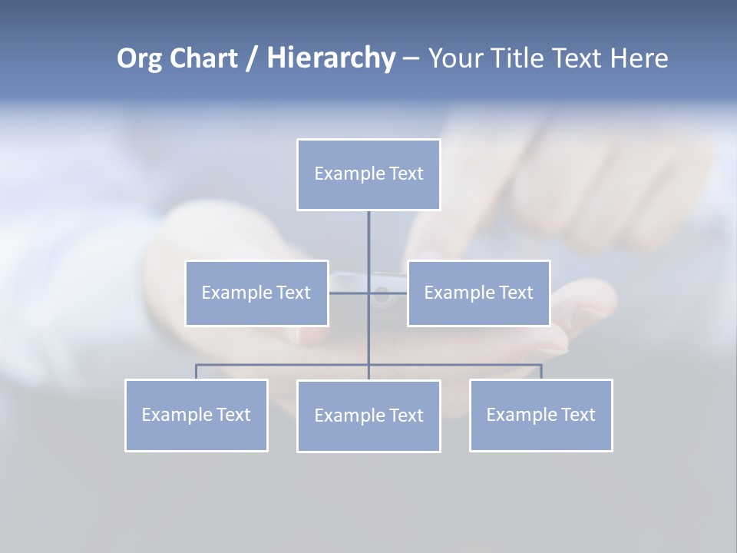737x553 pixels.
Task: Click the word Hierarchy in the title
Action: pyautogui.click(x=331, y=58)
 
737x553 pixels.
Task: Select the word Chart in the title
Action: pyautogui.click(x=203, y=58)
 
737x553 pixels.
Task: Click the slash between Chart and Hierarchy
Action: pyautogui.click(x=252, y=58)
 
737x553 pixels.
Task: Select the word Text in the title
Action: pyautogui.click(x=578, y=58)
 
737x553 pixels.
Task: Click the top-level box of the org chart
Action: pyautogui.click(x=368, y=174)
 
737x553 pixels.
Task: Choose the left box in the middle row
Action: pyautogui.click(x=256, y=293)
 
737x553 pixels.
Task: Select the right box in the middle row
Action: pyautogui.click(x=478, y=293)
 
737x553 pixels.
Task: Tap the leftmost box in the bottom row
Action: pyautogui.click(x=196, y=415)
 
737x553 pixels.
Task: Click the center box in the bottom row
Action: pyautogui.click(x=368, y=416)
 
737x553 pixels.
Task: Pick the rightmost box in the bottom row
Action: pyautogui.click(x=540, y=415)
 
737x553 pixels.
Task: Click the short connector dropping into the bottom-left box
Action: pyautogui.click(x=196, y=372)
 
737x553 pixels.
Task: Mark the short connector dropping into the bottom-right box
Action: pyautogui.click(x=541, y=372)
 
